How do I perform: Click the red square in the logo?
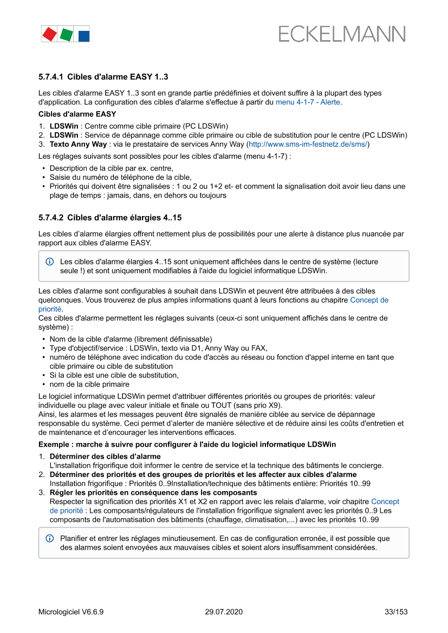click(x=49, y=34)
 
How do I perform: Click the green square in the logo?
click(x=67, y=35)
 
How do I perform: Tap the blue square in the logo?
click(x=83, y=36)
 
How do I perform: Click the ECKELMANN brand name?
click(x=342, y=34)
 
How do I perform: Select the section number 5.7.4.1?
click(x=51, y=77)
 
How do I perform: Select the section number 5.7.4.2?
click(x=51, y=218)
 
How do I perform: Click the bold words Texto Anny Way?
click(x=79, y=145)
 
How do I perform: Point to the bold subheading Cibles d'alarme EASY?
click(x=77, y=114)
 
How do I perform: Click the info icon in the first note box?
click(x=50, y=262)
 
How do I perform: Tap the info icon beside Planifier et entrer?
click(x=50, y=539)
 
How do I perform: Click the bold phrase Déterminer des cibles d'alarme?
click(x=105, y=456)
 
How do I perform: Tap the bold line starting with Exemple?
click(x=187, y=445)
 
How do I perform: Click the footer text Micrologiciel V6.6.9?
click(x=71, y=612)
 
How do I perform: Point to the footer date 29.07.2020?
click(x=224, y=612)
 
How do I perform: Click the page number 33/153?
click(x=396, y=612)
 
